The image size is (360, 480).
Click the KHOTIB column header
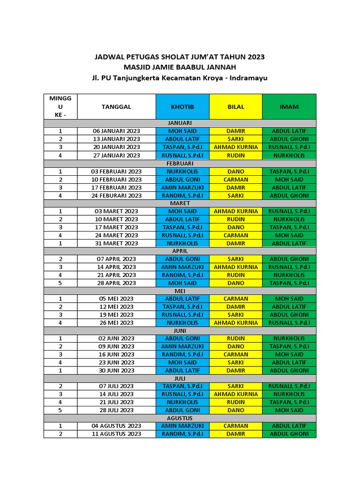point(182,106)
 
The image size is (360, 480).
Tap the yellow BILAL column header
point(236,106)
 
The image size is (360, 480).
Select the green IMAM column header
point(289,106)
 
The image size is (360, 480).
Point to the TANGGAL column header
point(116,106)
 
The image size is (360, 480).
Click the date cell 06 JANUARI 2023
point(116,131)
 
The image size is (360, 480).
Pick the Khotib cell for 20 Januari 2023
point(182,147)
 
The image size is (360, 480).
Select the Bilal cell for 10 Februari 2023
point(236,180)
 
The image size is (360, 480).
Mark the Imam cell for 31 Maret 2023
point(289,243)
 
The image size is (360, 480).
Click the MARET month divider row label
point(180,203)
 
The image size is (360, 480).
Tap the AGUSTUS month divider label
point(180,418)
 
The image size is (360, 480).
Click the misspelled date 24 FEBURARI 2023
point(116,195)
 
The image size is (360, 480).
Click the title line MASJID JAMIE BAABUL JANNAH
point(180,67)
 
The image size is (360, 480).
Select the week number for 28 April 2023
point(60,283)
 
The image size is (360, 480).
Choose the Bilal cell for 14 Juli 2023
point(236,394)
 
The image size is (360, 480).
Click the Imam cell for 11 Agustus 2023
point(289,434)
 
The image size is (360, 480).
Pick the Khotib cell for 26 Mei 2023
point(182,322)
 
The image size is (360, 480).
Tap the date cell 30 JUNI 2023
point(116,370)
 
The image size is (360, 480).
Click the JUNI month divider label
point(180,330)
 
